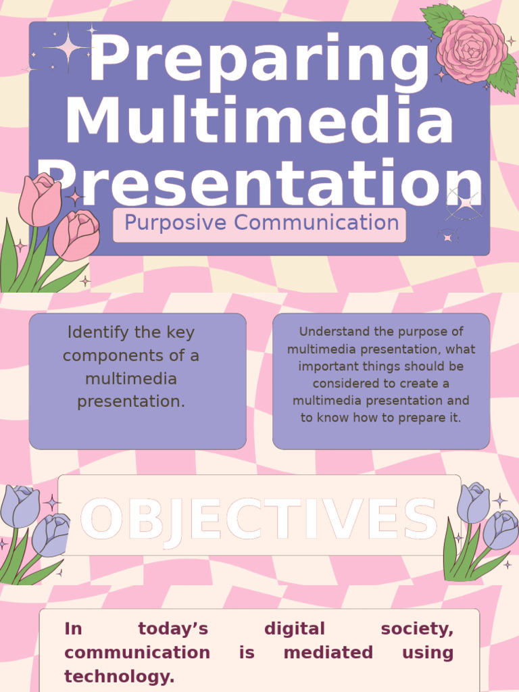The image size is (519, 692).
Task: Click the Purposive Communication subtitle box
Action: click(260, 224)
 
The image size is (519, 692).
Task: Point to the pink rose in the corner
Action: click(472, 49)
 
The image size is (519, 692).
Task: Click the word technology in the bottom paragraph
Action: click(120, 676)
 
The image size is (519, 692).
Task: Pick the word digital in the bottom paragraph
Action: click(294, 629)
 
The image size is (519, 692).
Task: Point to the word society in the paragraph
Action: click(417, 629)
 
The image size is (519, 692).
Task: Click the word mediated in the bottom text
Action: click(328, 653)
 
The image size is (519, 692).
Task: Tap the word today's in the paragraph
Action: click(173, 629)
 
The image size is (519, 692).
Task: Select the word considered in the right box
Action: click(343, 383)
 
